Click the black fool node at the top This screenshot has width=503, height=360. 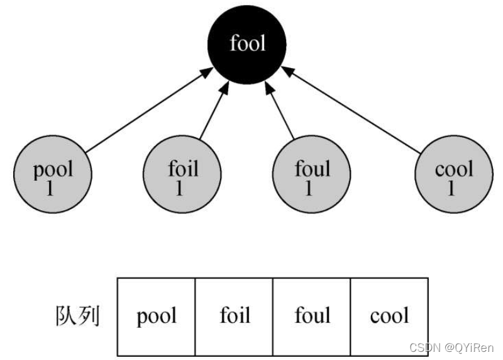tap(247, 44)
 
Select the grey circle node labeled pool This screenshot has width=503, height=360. tap(53, 177)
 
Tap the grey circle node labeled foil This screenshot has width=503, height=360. tap(182, 177)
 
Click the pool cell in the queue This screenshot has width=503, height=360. tap(157, 316)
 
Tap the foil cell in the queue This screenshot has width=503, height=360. tap(235, 316)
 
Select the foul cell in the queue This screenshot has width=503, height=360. tap(312, 316)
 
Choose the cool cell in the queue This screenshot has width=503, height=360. tap(389, 316)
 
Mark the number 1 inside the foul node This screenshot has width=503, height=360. tap(309, 188)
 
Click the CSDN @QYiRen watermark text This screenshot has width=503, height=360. tap(451, 348)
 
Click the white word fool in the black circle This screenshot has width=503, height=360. tap(247, 44)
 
